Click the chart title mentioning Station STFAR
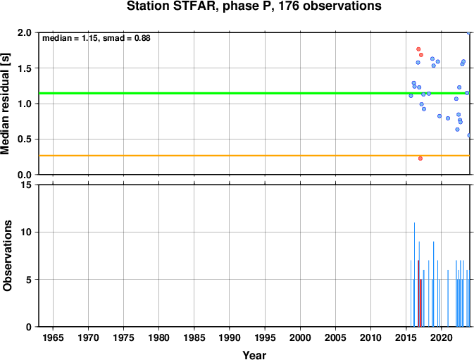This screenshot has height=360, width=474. pyautogui.click(x=254, y=6)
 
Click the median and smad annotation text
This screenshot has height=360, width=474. pyautogui.click(x=96, y=38)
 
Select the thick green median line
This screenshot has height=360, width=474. pyautogui.click(x=254, y=93)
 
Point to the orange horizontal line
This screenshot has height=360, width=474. pyautogui.click(x=254, y=156)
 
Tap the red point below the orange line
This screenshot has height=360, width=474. pyautogui.click(x=420, y=159)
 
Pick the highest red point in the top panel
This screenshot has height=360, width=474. pyautogui.click(x=418, y=49)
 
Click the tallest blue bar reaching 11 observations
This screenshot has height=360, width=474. pyautogui.click(x=414, y=275)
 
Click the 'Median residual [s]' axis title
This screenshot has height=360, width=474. pyautogui.click(x=5, y=104)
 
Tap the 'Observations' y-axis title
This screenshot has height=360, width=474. pyautogui.click(x=7, y=256)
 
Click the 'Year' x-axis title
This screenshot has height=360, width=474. pyautogui.click(x=254, y=355)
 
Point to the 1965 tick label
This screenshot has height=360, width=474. pyautogui.click(x=54, y=337)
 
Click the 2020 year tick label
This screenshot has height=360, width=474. pyautogui.click(x=442, y=337)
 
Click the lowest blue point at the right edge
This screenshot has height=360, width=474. pyautogui.click(x=469, y=135)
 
